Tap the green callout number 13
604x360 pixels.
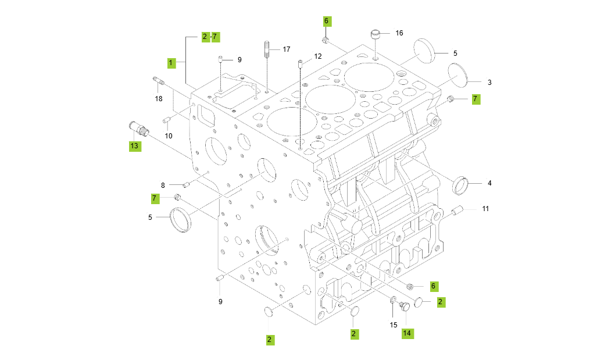134,145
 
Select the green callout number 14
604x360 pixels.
407,333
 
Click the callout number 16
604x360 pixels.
399,33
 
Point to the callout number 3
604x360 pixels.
489,83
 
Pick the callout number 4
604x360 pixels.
489,183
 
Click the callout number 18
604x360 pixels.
159,99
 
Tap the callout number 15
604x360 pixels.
394,325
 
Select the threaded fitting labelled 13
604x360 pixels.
137,127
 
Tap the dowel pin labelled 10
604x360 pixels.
166,120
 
